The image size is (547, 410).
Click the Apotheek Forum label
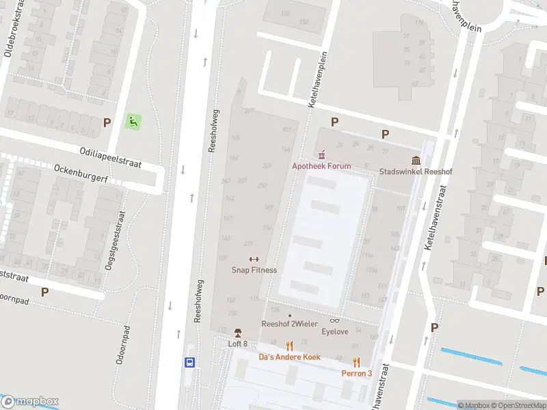321,166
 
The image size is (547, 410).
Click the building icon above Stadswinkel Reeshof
416,161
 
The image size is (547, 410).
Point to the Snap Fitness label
254,270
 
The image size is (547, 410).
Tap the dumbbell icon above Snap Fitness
254,259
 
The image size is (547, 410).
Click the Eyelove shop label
335,331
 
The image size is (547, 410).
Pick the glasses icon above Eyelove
335,320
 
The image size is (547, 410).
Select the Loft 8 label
237,344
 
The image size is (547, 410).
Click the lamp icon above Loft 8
238,333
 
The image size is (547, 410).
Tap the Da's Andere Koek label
289,357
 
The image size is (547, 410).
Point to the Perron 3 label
357,373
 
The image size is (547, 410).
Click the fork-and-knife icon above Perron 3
356,362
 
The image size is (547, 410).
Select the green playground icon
133,122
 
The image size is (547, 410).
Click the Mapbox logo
30,402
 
